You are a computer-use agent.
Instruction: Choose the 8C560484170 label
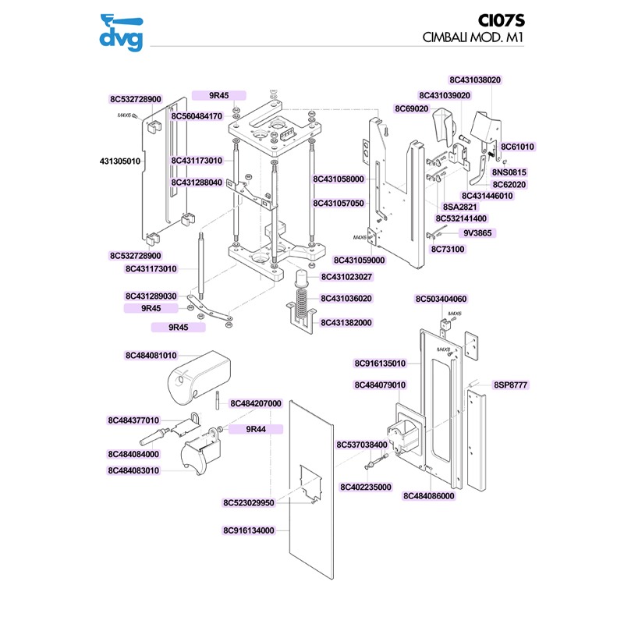[x=197, y=115]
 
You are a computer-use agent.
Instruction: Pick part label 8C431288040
[x=197, y=183]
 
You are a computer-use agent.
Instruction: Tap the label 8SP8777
[x=511, y=385]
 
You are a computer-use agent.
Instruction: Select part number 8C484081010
[x=151, y=356]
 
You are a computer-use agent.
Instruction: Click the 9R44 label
[x=257, y=429]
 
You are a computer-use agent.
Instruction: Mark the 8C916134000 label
[x=249, y=530]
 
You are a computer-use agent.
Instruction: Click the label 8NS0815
[x=509, y=172]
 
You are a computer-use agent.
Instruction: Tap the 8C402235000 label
[x=366, y=487]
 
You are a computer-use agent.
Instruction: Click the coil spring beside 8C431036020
[x=303, y=297]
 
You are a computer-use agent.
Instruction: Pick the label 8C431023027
[x=346, y=277]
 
